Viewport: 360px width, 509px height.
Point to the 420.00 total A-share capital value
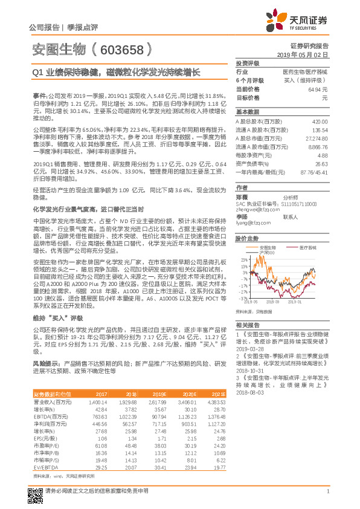click(x=320, y=122)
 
